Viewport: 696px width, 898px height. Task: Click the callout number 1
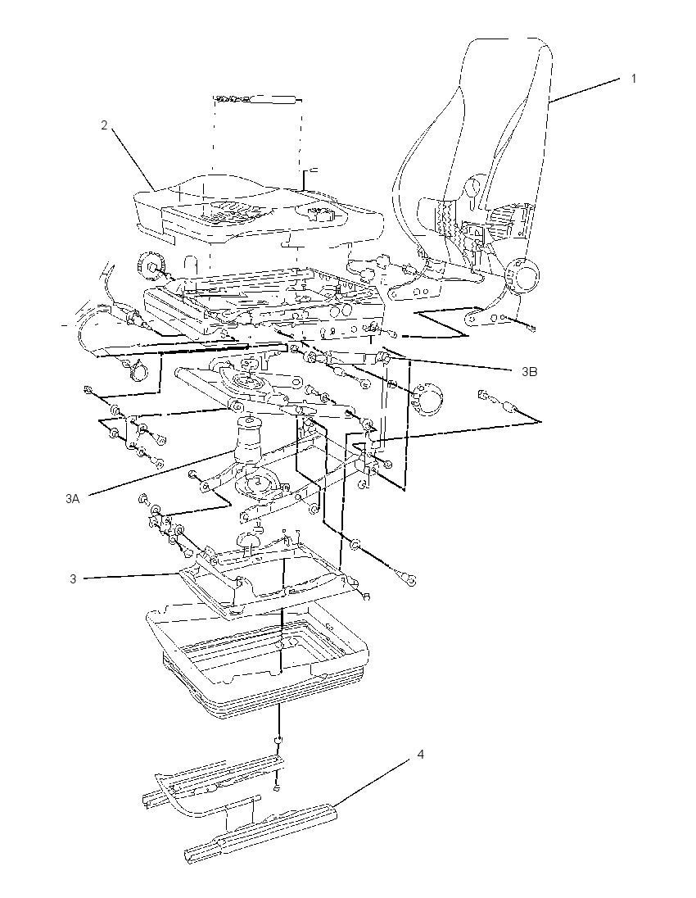[x=633, y=79]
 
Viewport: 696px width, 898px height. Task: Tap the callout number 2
[x=104, y=125]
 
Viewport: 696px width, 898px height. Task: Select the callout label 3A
[x=72, y=499]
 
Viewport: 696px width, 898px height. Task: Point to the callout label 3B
[x=530, y=372]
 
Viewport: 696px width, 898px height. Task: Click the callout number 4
[x=421, y=755]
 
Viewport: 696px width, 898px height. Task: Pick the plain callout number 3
[x=73, y=579]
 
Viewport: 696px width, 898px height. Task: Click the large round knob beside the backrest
[x=522, y=277]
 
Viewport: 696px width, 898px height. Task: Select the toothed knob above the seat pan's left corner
[x=152, y=265]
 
